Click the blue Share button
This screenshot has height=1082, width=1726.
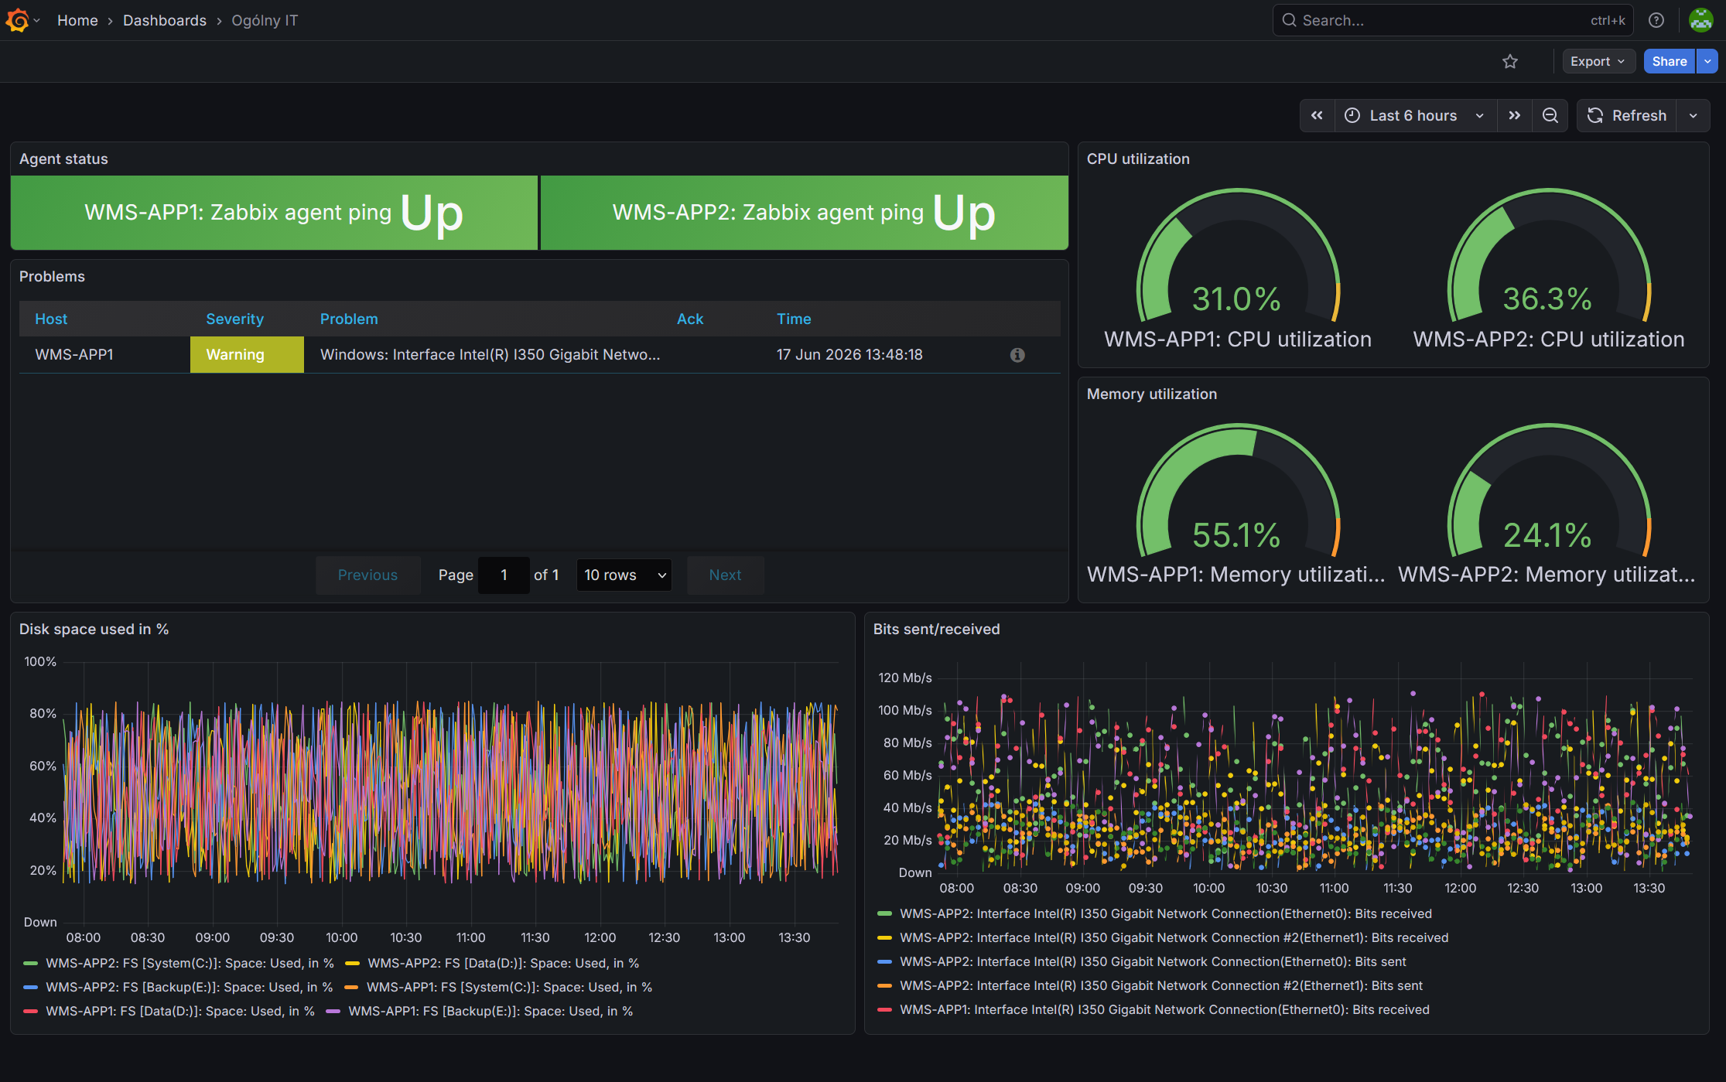pyautogui.click(x=1669, y=62)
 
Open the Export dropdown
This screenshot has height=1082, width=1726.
pyautogui.click(x=1598, y=62)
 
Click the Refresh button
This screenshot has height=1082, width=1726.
pyautogui.click(x=1627, y=116)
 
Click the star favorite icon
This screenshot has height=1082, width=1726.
pyautogui.click(x=1510, y=62)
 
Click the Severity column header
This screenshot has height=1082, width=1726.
pyautogui.click(x=234, y=319)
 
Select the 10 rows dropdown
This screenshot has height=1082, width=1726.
pyautogui.click(x=624, y=575)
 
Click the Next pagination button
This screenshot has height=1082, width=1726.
pyautogui.click(x=726, y=575)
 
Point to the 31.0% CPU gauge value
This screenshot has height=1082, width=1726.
pyautogui.click(x=1236, y=299)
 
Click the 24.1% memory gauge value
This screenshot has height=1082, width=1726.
pyautogui.click(x=1547, y=535)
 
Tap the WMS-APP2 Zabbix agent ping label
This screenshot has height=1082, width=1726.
pyautogui.click(x=767, y=213)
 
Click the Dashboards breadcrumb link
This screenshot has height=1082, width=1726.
pyautogui.click(x=165, y=21)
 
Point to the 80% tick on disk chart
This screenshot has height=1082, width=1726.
pyautogui.click(x=43, y=714)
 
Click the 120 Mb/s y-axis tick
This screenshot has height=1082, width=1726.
pyautogui.click(x=905, y=678)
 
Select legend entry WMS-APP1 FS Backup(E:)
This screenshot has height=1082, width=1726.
pyautogui.click(x=480, y=1012)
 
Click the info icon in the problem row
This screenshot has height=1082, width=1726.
pyautogui.click(x=1017, y=355)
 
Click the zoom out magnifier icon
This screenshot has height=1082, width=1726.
pyautogui.click(x=1550, y=116)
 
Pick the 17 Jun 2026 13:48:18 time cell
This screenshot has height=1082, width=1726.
pyautogui.click(x=849, y=355)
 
